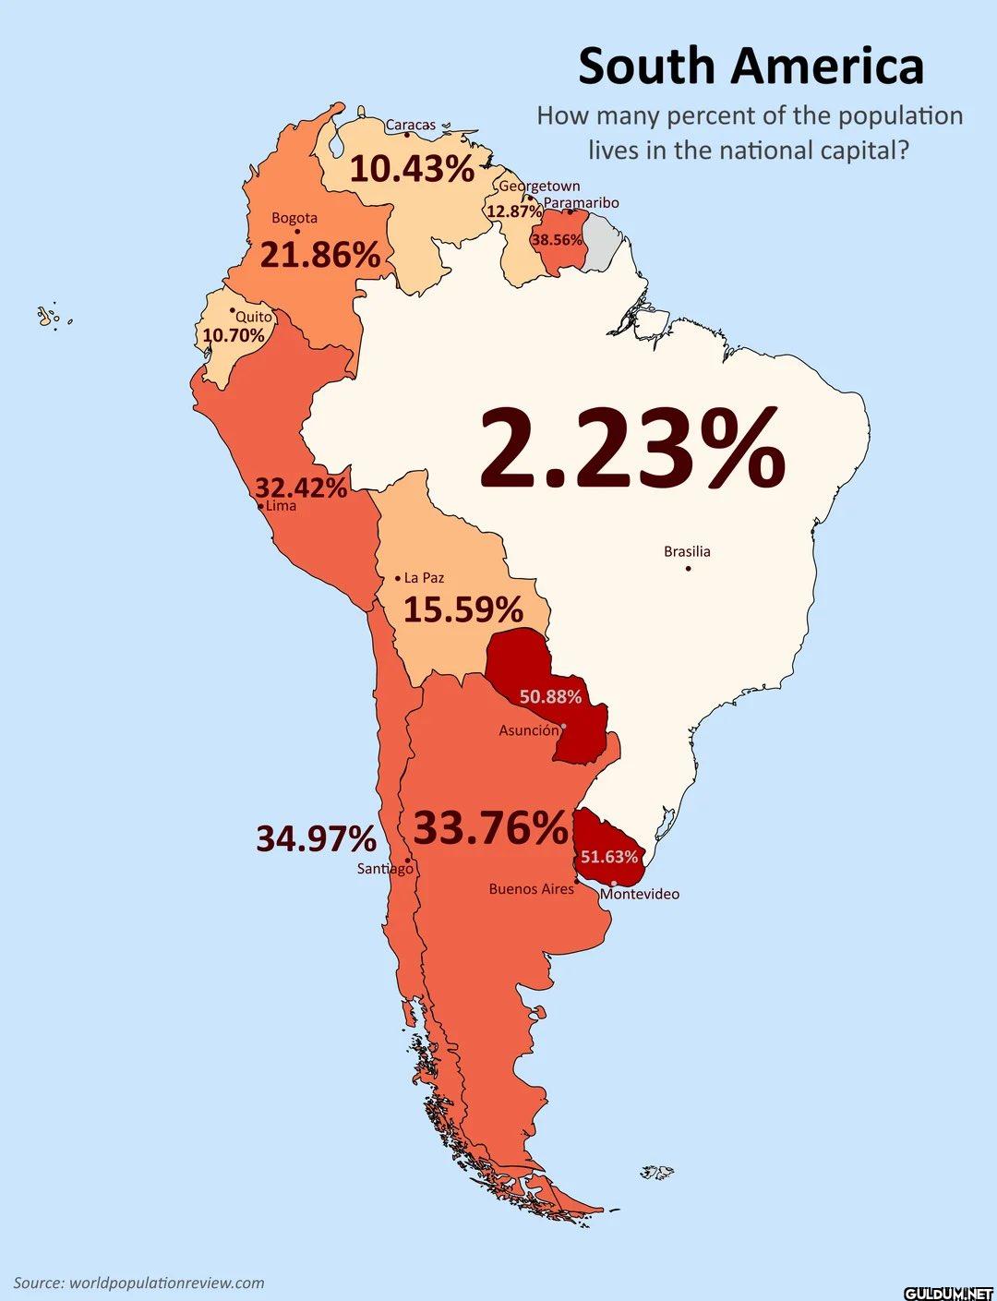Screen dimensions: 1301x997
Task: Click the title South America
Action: tap(751, 66)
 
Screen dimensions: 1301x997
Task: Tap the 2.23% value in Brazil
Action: tap(632, 449)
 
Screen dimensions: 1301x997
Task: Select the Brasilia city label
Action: tap(687, 551)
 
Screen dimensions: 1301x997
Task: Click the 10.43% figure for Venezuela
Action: tap(412, 169)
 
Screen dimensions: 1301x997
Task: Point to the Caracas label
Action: tap(411, 125)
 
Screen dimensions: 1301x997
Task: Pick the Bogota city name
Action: tap(294, 218)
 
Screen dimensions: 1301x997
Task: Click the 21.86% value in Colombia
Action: tap(320, 255)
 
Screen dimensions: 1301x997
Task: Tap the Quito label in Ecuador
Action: tap(254, 317)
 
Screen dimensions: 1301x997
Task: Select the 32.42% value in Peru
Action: tap(301, 487)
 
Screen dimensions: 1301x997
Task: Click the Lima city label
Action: tap(281, 506)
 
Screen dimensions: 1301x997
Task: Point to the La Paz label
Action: tap(424, 578)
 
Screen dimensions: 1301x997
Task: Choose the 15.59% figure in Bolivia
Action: tap(462, 610)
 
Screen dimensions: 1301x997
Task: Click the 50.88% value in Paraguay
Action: tap(550, 696)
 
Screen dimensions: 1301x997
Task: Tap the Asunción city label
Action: tap(529, 730)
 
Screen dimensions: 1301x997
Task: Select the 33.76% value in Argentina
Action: tap(490, 828)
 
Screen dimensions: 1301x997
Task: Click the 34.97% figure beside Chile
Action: tap(316, 839)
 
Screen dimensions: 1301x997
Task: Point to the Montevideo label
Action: tap(640, 894)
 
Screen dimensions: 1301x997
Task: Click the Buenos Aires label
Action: tap(531, 889)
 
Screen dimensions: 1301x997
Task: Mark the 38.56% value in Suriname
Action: tap(557, 240)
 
